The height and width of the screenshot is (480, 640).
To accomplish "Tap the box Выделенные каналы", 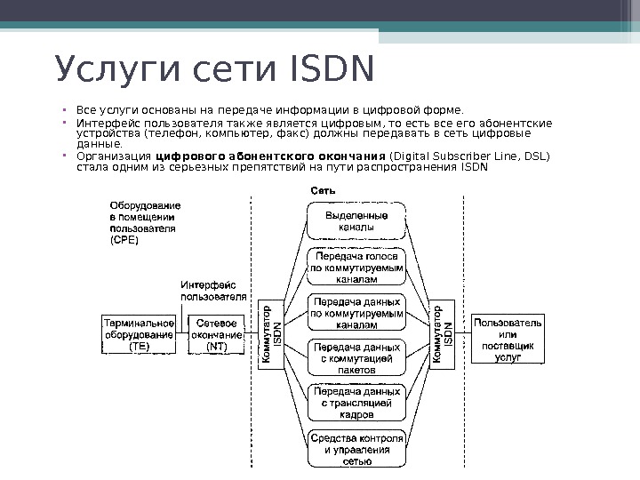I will (x=356, y=220).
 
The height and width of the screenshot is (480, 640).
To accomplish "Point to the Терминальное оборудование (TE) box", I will (x=139, y=335).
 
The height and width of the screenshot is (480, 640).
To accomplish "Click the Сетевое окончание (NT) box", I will (x=216, y=335).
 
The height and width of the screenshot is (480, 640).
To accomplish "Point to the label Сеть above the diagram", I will (x=323, y=191).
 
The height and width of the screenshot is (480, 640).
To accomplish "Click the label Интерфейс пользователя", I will (x=213, y=291).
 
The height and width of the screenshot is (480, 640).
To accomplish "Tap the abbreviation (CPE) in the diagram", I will (x=124, y=240).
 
